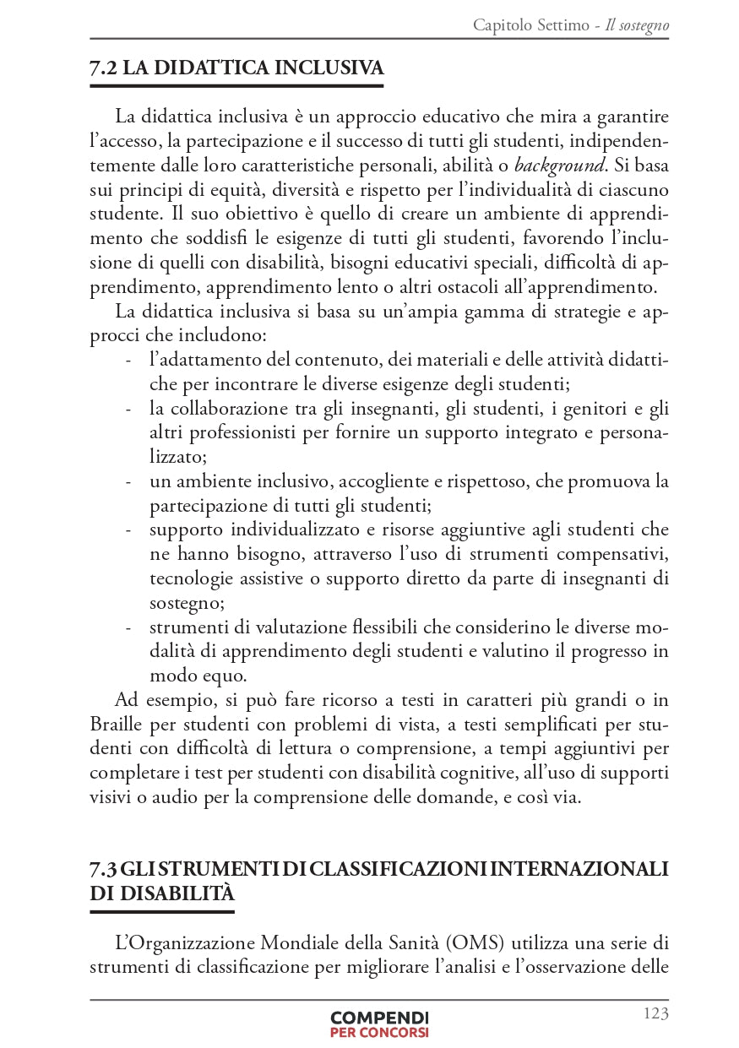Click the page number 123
tap(655, 1013)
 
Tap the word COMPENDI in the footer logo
tap(379, 1018)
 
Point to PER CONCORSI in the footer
tap(379, 1032)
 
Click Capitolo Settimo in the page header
tap(531, 25)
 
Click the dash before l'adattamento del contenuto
tap(128, 361)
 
